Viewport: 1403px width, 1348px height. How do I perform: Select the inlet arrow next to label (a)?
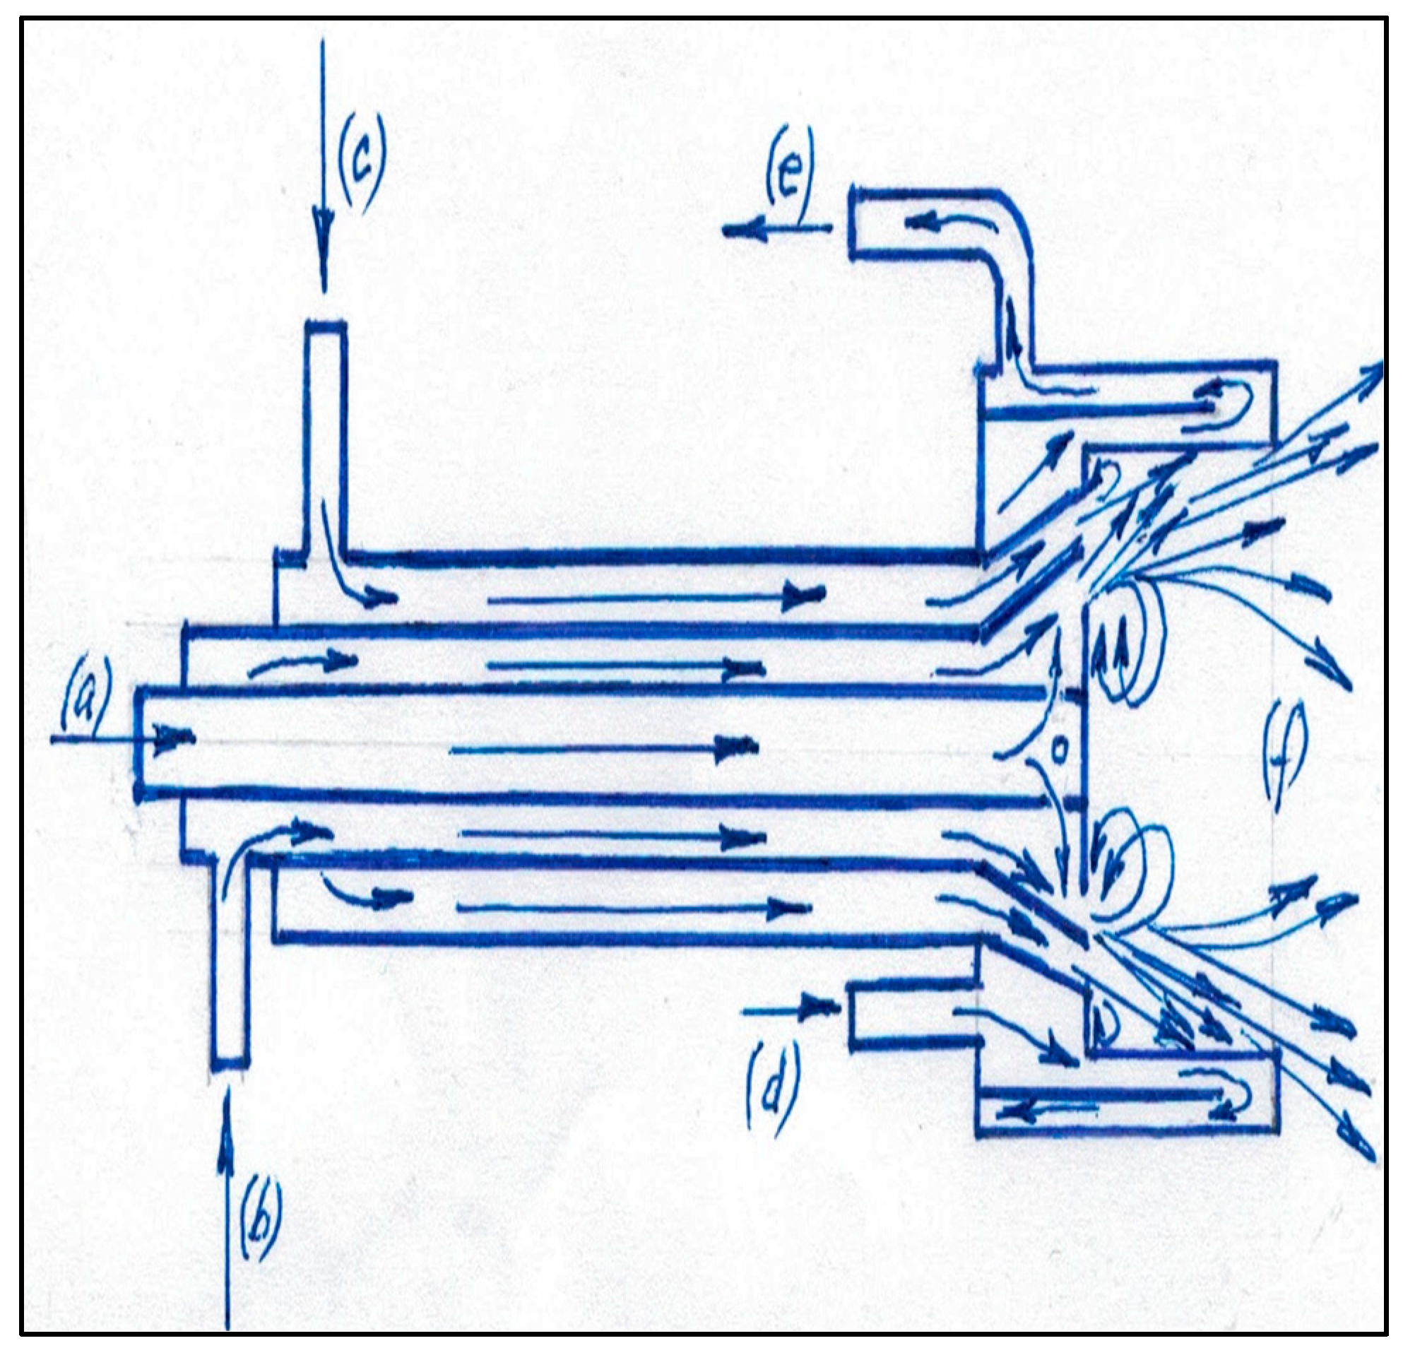[x=122, y=738]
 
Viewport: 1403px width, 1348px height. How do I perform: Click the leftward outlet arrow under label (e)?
[x=776, y=230]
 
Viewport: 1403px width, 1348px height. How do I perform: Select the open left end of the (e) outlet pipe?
[x=852, y=223]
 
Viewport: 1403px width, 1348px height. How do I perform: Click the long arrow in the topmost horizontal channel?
[x=655, y=596]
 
